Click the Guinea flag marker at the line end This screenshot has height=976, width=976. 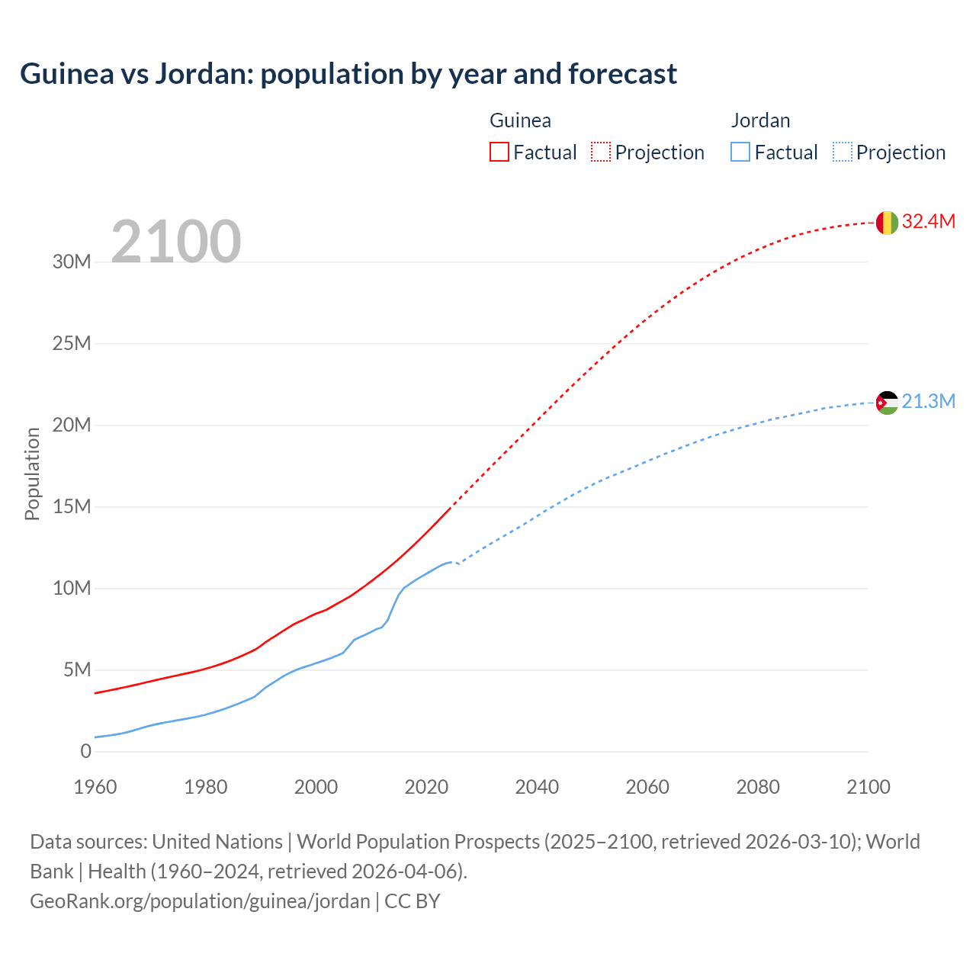[x=887, y=223]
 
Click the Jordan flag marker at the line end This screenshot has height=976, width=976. [x=887, y=403]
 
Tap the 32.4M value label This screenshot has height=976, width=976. [x=928, y=221]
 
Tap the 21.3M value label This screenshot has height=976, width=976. [x=928, y=401]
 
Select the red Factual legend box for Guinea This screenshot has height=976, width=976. [x=499, y=152]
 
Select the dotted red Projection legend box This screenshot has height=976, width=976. [x=601, y=152]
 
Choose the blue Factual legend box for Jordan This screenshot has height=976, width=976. [x=740, y=152]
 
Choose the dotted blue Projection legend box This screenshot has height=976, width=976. [x=843, y=152]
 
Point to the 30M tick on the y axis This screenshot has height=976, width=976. [x=72, y=262]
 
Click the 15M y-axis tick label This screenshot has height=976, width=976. [x=72, y=506]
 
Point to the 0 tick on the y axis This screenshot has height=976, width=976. [x=85, y=751]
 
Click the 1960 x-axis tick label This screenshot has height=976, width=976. [x=95, y=787]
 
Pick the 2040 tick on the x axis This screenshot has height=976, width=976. [x=537, y=787]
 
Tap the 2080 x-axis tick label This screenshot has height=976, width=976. [x=758, y=787]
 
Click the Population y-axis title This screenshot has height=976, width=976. [x=32, y=474]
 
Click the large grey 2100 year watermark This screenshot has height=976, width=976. [x=176, y=242]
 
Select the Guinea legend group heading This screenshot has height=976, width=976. [x=520, y=120]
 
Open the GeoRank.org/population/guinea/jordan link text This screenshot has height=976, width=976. [x=200, y=901]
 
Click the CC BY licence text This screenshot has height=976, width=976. [x=413, y=901]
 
